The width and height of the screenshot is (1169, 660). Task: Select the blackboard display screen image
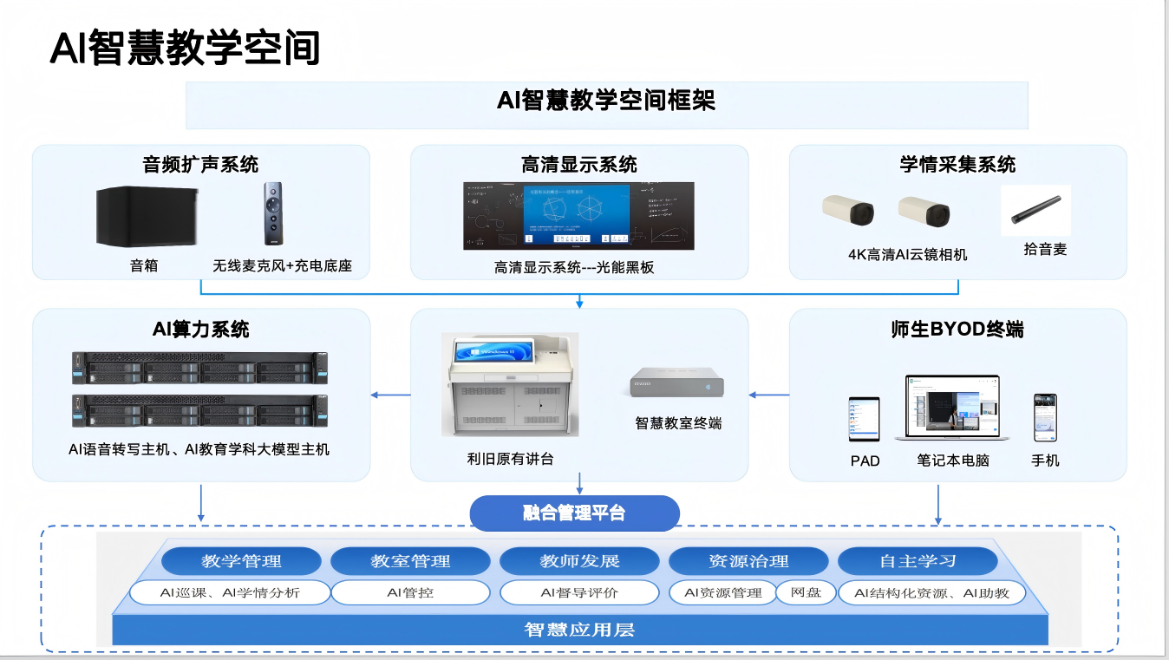click(578, 217)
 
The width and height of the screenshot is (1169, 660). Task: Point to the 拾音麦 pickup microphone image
click(1035, 211)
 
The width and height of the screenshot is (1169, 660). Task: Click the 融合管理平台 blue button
click(574, 513)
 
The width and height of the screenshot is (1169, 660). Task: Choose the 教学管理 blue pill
click(241, 561)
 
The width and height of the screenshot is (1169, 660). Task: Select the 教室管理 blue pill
click(410, 561)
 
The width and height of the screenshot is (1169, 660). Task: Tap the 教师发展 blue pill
click(579, 561)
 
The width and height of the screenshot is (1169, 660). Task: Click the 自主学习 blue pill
click(918, 561)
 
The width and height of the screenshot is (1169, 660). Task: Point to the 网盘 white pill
click(805, 593)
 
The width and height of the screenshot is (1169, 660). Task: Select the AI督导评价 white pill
click(579, 593)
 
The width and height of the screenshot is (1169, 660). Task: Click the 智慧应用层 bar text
click(579, 629)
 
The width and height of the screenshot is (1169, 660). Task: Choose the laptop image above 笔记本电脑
click(952, 408)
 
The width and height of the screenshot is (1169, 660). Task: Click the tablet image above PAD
click(864, 420)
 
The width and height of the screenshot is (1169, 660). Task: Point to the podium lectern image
click(508, 386)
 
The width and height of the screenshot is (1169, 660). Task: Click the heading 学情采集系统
click(957, 164)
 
